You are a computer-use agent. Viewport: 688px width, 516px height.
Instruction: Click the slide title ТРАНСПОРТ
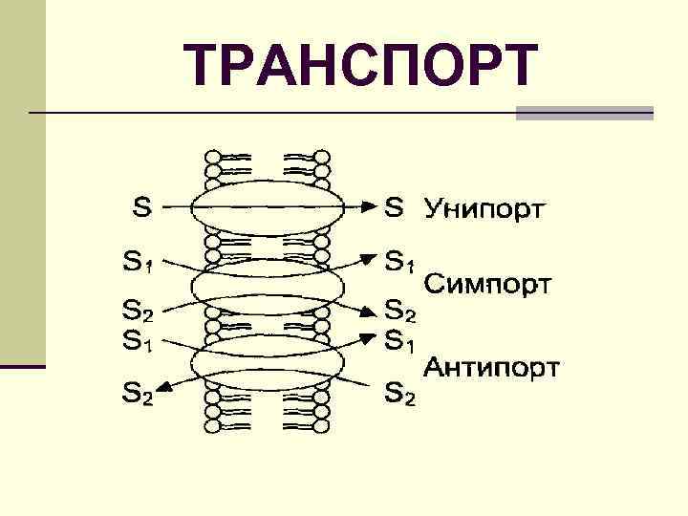(362, 65)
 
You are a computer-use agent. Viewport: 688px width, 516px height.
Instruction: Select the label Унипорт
(484, 207)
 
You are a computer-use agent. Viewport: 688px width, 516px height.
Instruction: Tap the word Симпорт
(487, 284)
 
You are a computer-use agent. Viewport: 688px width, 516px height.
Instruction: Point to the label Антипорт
(492, 368)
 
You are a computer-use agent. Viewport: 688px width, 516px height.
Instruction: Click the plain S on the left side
(141, 204)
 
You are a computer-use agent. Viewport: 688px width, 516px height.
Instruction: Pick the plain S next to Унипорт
(395, 205)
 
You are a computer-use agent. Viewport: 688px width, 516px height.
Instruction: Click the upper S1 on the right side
(400, 260)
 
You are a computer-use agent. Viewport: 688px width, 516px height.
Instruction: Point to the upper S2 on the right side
(400, 311)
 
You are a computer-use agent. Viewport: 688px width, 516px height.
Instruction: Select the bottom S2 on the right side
(400, 392)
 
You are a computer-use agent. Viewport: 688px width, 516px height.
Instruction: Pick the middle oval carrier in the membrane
(267, 286)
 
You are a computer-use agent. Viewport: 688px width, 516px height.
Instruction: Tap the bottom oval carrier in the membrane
(267, 363)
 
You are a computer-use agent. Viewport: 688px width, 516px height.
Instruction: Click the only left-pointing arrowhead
(163, 385)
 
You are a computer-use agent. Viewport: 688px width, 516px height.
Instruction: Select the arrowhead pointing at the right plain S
(368, 204)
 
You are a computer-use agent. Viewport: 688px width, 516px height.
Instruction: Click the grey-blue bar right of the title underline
(584, 113)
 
